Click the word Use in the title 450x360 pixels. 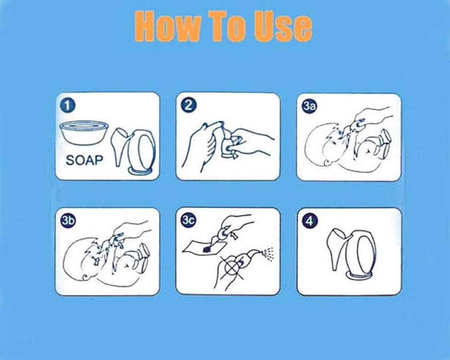(283, 26)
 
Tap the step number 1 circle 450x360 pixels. (68, 105)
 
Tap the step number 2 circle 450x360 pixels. (189, 105)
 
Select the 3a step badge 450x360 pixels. (309, 106)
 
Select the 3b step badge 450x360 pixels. (68, 221)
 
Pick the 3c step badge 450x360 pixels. (189, 221)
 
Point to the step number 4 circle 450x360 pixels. (310, 221)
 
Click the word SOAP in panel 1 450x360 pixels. (84, 160)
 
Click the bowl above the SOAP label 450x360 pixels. (84, 133)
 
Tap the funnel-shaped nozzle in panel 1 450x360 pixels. (120, 147)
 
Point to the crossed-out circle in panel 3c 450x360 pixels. (231, 268)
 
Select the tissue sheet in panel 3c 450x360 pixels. (205, 247)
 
